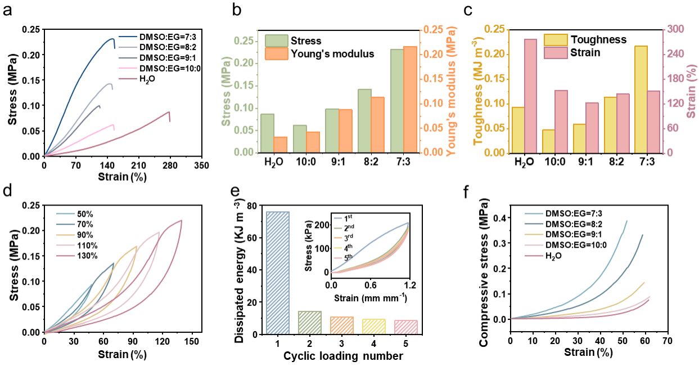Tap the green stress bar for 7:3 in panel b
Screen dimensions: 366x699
coord(396,101)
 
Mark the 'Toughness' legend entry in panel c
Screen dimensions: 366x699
coord(598,39)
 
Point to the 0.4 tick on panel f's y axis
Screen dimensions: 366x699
coord(498,218)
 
